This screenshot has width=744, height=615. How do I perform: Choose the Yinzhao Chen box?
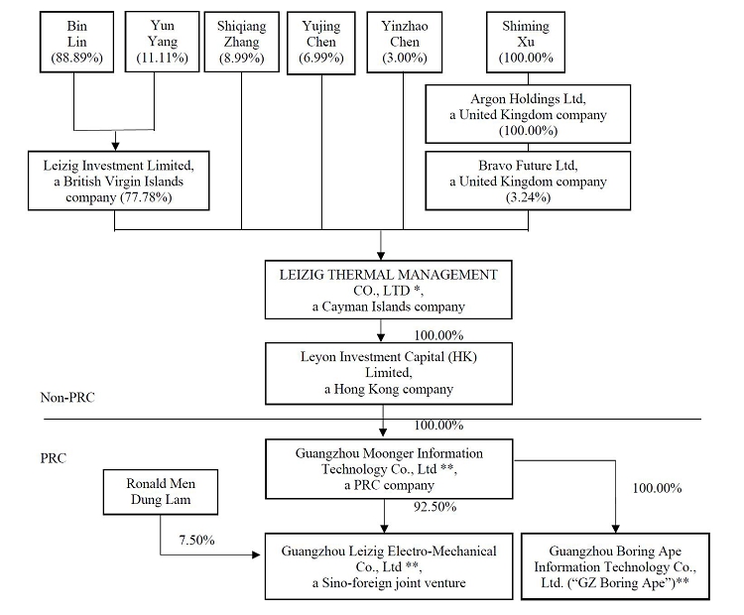pos(402,42)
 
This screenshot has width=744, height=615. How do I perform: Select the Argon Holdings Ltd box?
pos(528,115)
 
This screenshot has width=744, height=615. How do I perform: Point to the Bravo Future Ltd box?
pos(528,180)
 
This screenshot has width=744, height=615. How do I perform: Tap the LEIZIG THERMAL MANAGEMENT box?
pos(381,290)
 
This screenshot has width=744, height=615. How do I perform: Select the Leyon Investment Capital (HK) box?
pos(381,372)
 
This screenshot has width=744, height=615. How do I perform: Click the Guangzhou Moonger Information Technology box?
pos(380,468)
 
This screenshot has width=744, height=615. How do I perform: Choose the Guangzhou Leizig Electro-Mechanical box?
pos(382,566)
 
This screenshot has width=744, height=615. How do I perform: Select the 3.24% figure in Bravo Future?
pos(528,196)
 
